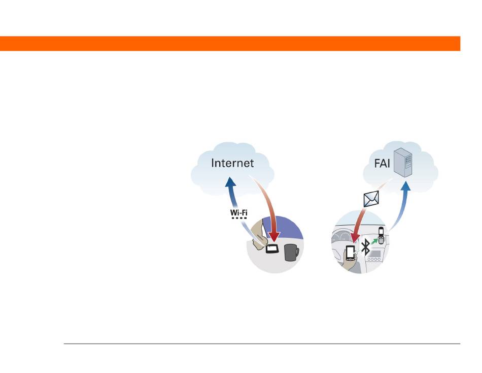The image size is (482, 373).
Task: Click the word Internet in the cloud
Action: tap(232, 163)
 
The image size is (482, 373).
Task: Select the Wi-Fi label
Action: tap(239, 214)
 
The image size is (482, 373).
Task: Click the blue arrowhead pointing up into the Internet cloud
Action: tap(232, 182)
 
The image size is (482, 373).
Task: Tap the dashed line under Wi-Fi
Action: tap(239, 219)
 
